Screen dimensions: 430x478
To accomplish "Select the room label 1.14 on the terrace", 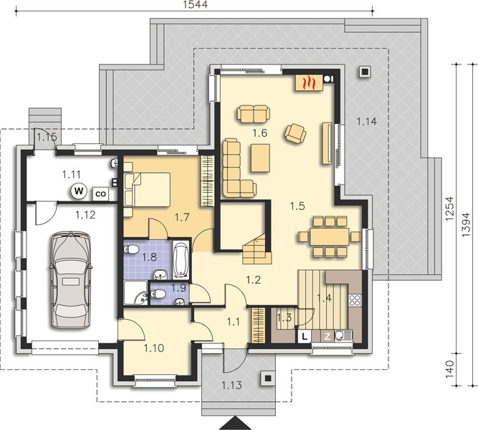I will pos(366,122).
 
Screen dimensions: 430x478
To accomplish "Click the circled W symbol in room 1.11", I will pos(78,191).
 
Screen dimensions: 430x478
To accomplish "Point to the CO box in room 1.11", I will pos(101,193).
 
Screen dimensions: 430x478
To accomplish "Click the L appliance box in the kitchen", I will pos(305,335).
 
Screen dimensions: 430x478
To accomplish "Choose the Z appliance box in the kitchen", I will pos(328,335).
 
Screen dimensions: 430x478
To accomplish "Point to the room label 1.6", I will pos(259,133).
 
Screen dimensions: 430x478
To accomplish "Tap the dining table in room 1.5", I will pos(324,235).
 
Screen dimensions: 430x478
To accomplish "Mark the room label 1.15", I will pos(47,136).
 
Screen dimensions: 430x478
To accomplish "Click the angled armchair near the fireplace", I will pos(295,133).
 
